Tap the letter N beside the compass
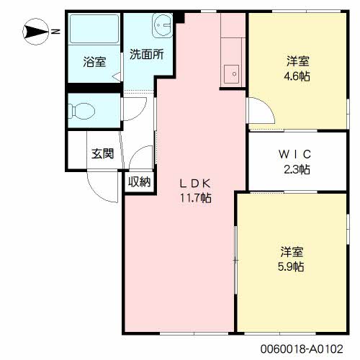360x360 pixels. (55, 31)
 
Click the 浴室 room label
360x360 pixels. (94, 62)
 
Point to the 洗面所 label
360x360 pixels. (146, 54)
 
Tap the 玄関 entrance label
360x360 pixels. (102, 153)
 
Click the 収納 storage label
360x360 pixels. (139, 181)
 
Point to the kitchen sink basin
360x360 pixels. (232, 73)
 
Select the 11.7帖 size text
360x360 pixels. (196, 197)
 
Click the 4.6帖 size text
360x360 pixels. (295, 76)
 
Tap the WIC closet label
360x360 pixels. (294, 155)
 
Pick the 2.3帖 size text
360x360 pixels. (295, 169)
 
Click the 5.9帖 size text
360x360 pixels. (292, 266)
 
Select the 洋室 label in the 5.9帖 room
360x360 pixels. (292, 252)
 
